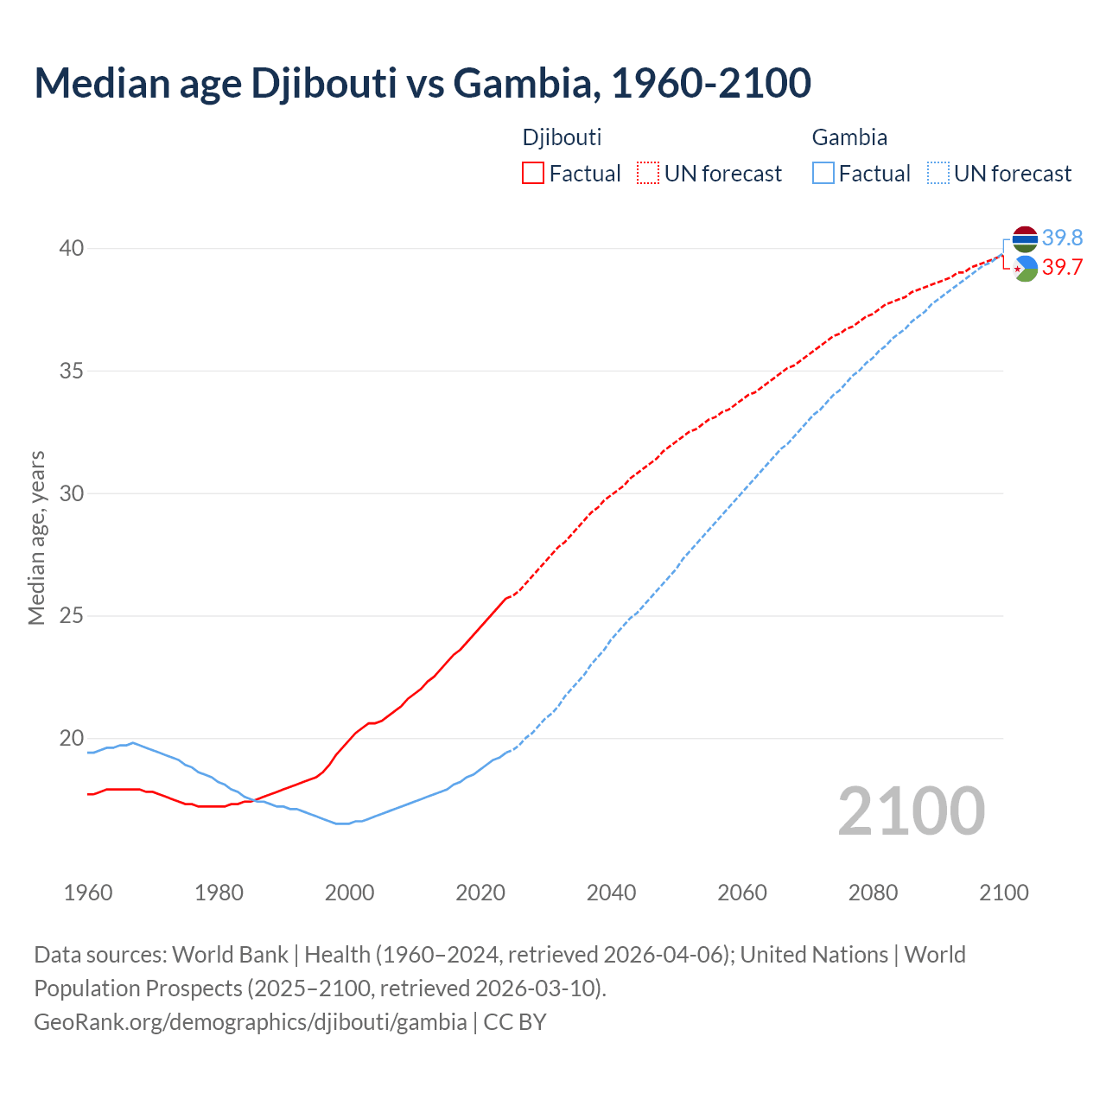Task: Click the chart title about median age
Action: pyautogui.click(x=423, y=83)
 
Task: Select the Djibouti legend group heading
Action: pyautogui.click(x=562, y=137)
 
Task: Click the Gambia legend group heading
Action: pyautogui.click(x=849, y=137)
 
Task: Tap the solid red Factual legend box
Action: pyautogui.click(x=533, y=174)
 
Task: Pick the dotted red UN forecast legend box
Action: pyautogui.click(x=648, y=174)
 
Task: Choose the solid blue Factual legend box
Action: pyautogui.click(x=823, y=174)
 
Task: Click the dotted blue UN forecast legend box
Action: pyautogui.click(x=938, y=174)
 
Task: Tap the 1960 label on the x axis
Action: pyautogui.click(x=88, y=893)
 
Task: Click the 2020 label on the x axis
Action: pyautogui.click(x=480, y=893)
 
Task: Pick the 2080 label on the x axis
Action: pyautogui.click(x=873, y=893)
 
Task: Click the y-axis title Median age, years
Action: pyautogui.click(x=36, y=537)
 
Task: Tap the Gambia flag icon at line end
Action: pyautogui.click(x=1025, y=238)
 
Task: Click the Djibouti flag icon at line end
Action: pyautogui.click(x=1025, y=269)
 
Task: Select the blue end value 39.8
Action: pyautogui.click(x=1062, y=238)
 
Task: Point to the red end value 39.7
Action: pyautogui.click(x=1062, y=268)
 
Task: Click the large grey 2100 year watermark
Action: pyautogui.click(x=912, y=810)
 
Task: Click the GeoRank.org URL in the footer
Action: pyautogui.click(x=251, y=1022)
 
